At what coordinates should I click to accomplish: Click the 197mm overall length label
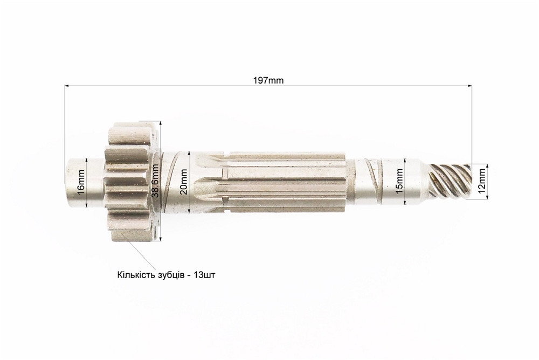pos(268,80)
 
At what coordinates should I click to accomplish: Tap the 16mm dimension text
pos(81,182)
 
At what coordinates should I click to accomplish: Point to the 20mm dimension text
pos(184,182)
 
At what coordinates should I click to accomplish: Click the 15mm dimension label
pos(399,181)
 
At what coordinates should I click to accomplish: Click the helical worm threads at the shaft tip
pos(450,182)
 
